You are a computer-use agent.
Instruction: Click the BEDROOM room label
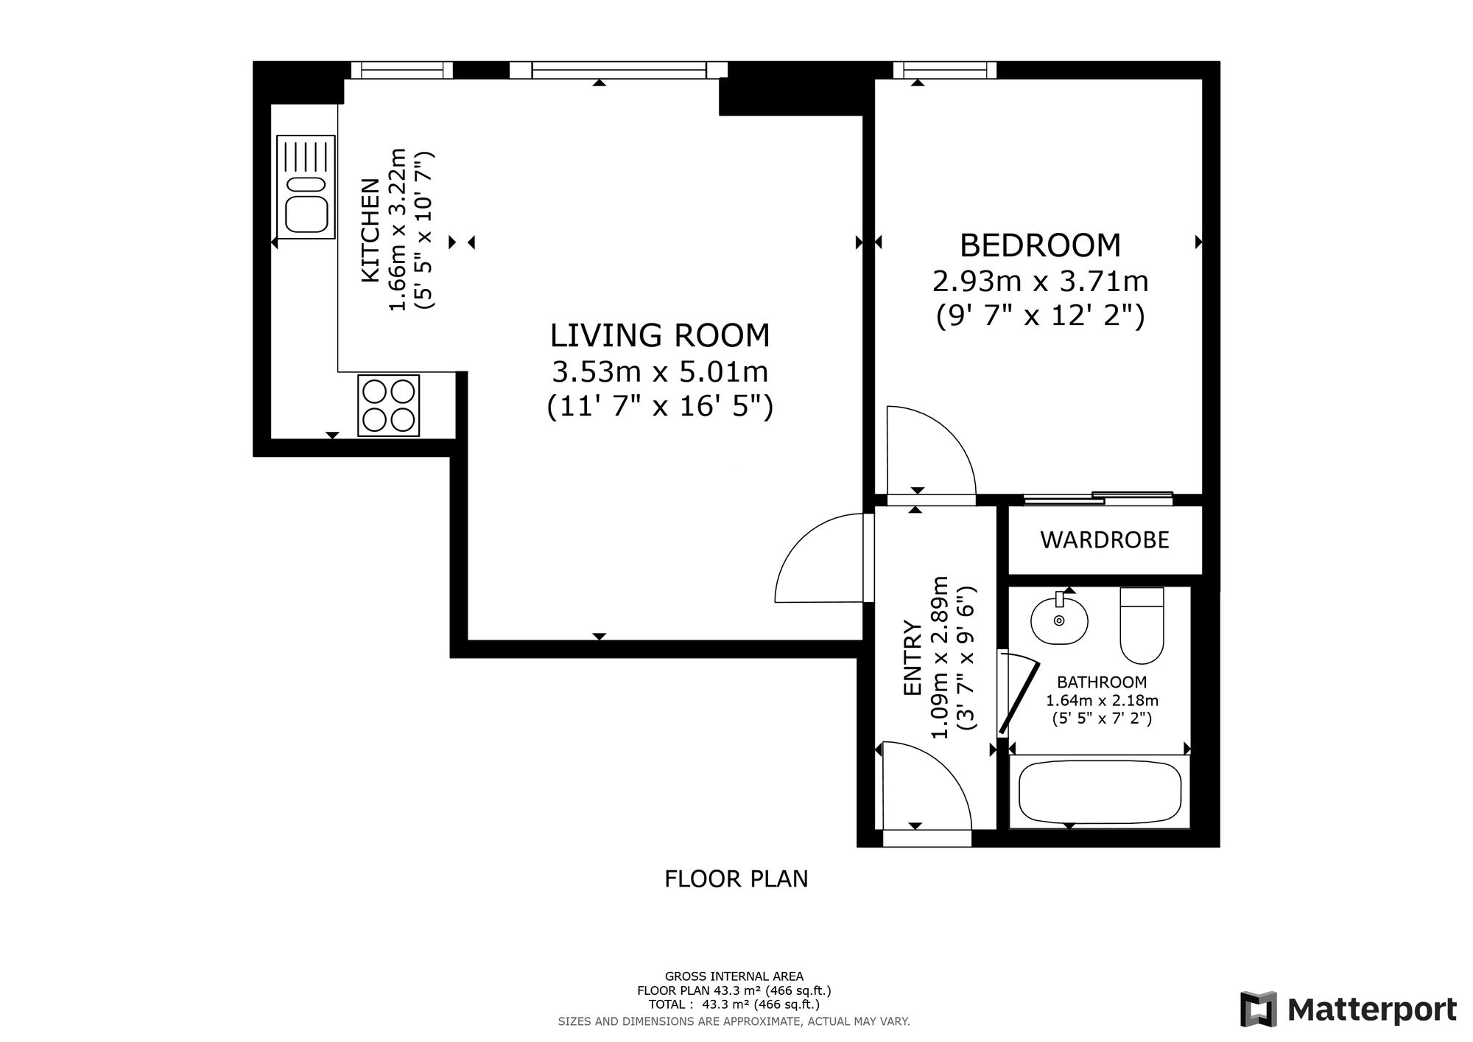point(1041,245)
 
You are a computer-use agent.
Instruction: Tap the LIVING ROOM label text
point(660,335)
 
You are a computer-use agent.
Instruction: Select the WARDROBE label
point(1105,540)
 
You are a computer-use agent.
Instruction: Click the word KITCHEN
point(370,230)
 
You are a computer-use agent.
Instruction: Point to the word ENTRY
point(913,658)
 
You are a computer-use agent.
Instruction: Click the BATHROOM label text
point(1102,682)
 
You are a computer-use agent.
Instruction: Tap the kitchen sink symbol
point(306,186)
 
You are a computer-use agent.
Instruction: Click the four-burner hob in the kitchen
point(389,405)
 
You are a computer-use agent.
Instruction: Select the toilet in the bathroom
point(1142,625)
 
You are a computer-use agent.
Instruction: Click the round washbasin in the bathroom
point(1059,619)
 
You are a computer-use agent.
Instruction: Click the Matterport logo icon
point(1256,1009)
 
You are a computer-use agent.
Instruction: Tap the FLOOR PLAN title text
point(736,879)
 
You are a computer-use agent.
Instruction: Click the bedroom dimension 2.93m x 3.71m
point(1041,281)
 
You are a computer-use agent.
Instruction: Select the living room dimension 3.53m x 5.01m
point(660,371)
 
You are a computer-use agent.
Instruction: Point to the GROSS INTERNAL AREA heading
point(734,977)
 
